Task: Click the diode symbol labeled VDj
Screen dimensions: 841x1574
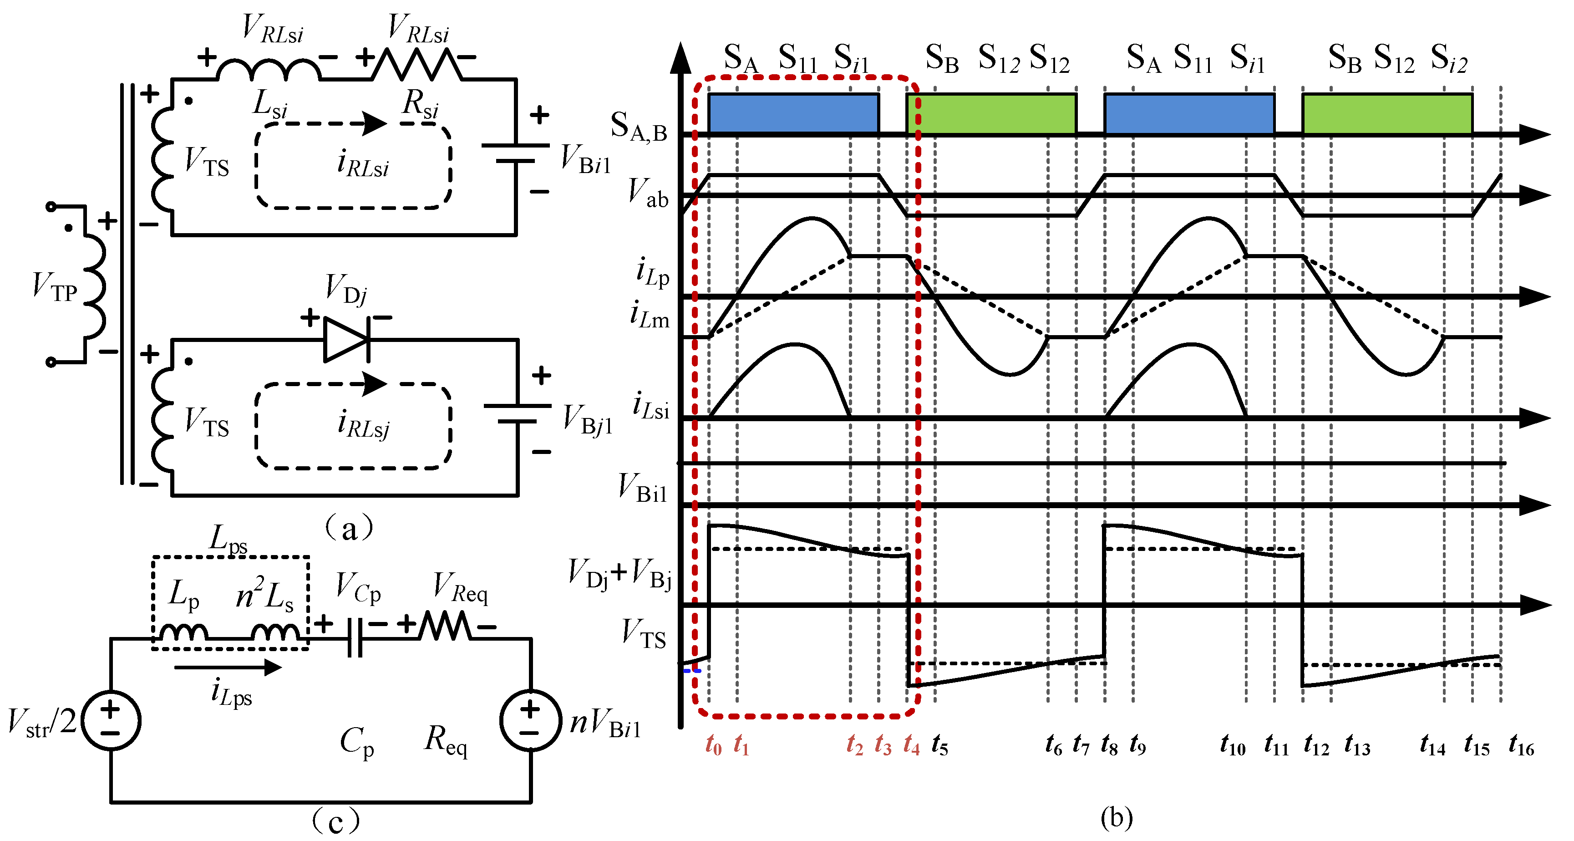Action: pyautogui.click(x=346, y=340)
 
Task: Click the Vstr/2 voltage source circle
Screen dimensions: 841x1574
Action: pyautogui.click(x=111, y=720)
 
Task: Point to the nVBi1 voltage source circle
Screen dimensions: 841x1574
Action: pyautogui.click(x=530, y=720)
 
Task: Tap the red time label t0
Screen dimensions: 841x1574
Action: pyautogui.click(x=713, y=745)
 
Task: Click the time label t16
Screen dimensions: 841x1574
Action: pyautogui.click(x=1521, y=745)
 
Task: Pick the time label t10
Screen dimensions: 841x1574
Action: pyautogui.click(x=1233, y=745)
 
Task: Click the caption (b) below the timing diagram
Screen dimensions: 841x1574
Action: pyautogui.click(x=1116, y=818)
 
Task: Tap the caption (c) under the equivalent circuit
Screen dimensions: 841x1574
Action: pyautogui.click(x=335, y=821)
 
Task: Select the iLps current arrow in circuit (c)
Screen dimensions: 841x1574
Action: pyautogui.click(x=227, y=667)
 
